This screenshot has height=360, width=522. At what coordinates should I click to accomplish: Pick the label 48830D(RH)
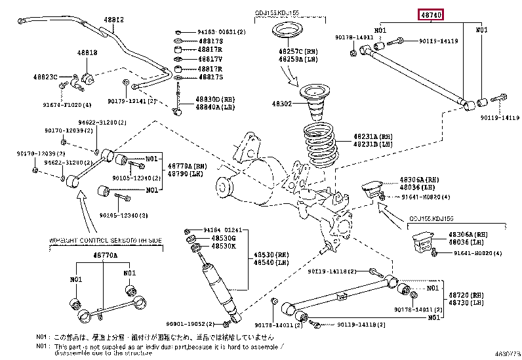point(214,98)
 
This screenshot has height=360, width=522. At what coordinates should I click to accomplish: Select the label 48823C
point(46,77)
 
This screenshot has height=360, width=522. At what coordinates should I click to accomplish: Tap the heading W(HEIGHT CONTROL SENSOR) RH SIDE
point(106,241)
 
